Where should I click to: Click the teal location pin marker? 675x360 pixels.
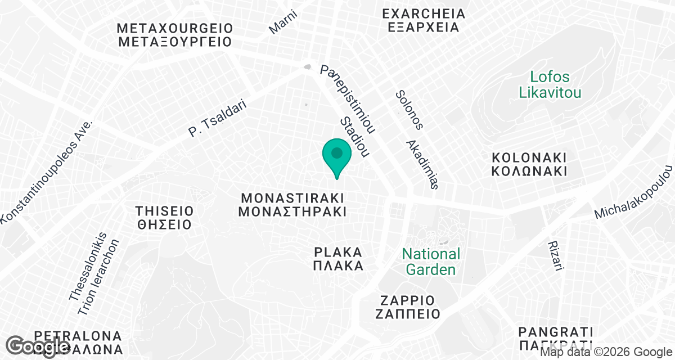337,156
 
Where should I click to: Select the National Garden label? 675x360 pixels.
431,262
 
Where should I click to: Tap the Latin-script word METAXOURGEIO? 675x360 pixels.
175,28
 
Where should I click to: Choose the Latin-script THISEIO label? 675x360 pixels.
164,211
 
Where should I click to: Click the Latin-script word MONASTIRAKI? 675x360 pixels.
291,198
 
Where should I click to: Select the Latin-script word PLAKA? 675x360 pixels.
337,251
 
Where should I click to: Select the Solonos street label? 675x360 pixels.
409,110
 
